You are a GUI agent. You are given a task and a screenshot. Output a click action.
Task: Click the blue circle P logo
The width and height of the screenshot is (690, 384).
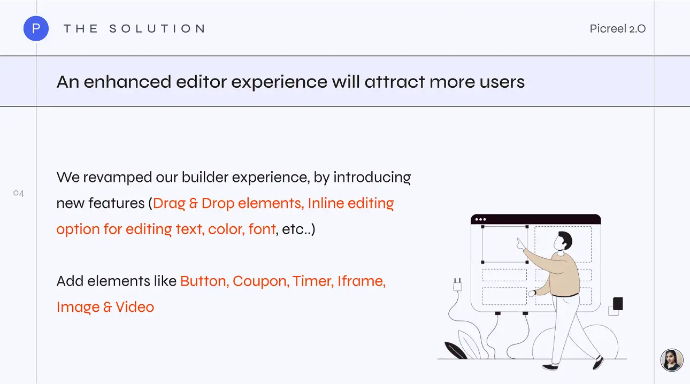click(36, 28)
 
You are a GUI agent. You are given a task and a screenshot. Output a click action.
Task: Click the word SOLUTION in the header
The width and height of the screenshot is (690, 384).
click(157, 29)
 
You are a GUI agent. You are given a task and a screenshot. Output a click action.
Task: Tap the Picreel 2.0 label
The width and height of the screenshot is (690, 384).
click(618, 29)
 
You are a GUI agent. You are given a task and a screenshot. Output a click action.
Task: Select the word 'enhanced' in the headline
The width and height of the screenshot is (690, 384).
click(127, 82)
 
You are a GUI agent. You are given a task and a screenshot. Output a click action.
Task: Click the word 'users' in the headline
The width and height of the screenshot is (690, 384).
click(502, 82)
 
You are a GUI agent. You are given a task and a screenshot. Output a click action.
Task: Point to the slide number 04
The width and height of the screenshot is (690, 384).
click(19, 193)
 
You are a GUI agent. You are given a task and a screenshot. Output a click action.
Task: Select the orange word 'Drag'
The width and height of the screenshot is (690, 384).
click(169, 204)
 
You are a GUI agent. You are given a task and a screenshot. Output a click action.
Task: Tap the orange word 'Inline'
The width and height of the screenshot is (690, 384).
click(326, 203)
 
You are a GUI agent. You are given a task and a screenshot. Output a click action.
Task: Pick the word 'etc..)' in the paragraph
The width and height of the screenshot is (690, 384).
click(298, 229)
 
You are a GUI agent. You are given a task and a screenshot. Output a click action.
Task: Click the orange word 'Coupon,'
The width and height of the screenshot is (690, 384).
click(261, 282)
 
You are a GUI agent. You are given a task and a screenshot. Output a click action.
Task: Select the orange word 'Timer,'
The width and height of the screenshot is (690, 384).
click(313, 281)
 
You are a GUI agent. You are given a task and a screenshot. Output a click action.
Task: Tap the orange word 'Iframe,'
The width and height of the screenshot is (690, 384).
click(362, 281)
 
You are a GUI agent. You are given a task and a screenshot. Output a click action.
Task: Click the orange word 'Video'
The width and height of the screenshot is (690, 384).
click(135, 307)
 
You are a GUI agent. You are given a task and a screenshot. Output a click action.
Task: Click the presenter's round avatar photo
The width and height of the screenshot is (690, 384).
click(672, 360)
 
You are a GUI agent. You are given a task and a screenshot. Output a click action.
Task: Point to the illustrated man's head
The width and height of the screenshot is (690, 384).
click(563, 241)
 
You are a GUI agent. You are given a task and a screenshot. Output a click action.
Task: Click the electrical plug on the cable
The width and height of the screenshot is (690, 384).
click(457, 285)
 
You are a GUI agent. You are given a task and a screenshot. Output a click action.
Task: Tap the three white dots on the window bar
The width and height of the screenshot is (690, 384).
click(480, 220)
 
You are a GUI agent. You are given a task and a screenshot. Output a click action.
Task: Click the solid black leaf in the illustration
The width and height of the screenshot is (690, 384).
click(455, 350)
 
